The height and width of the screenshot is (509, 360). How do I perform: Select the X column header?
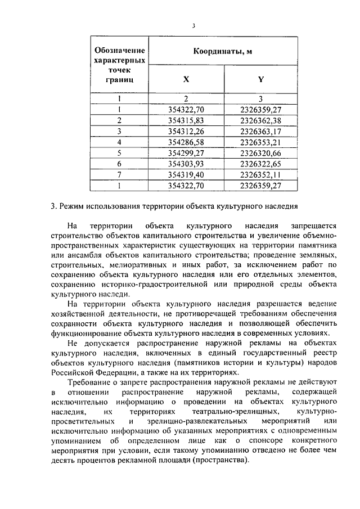[186, 79]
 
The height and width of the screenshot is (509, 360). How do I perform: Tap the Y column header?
[260, 79]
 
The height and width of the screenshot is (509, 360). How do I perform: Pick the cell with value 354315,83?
[186, 120]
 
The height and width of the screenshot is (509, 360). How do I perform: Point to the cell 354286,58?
[186, 141]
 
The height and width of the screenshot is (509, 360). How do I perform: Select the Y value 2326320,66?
[260, 152]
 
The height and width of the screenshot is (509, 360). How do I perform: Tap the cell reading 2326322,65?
[260, 163]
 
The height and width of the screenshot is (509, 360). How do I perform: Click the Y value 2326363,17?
[260, 131]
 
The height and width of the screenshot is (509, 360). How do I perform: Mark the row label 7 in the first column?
[119, 173]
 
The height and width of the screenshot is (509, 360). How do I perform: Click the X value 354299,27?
[186, 152]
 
